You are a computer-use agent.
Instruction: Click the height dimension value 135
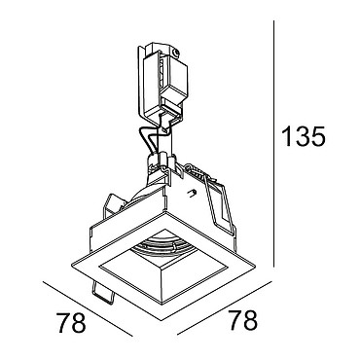[304, 136]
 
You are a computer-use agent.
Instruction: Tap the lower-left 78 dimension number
[71, 323]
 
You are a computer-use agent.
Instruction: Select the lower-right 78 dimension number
[243, 320]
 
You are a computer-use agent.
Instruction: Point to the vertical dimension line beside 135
[274, 144]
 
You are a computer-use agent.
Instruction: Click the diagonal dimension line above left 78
[88, 309]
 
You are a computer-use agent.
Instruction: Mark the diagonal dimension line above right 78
[224, 307]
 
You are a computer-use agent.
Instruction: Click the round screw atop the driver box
[176, 52]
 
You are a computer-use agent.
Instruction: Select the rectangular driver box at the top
[162, 85]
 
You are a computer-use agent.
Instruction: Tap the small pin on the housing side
[193, 193]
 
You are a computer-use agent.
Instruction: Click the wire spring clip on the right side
[219, 206]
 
